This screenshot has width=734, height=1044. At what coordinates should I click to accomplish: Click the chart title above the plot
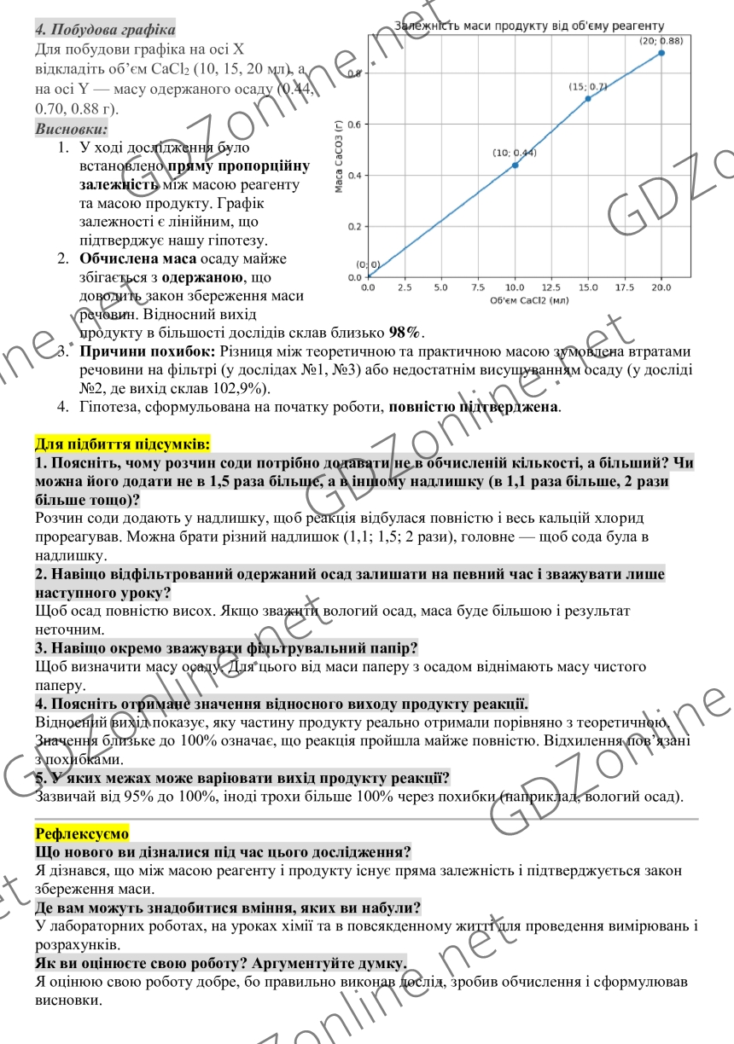528,26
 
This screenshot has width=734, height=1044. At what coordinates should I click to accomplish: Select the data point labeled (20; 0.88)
661,53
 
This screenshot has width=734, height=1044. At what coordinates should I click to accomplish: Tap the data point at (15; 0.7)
588,99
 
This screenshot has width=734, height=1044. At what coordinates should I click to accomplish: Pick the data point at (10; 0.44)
515,165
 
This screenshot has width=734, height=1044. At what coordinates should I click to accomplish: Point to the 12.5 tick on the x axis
551,288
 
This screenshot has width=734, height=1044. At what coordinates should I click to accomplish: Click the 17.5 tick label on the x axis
625,288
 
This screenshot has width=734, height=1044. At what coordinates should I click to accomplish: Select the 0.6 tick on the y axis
353,125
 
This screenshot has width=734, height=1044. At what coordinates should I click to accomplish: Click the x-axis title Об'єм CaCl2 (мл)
529,300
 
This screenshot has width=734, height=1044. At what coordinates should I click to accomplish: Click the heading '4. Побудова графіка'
105,30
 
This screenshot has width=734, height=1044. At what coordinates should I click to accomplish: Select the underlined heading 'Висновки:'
72,129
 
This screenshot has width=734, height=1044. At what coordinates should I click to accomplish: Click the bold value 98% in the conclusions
405,333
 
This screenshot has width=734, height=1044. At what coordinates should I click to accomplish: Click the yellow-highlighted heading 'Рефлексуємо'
82,832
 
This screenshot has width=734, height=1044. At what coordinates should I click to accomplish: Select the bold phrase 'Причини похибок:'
147,351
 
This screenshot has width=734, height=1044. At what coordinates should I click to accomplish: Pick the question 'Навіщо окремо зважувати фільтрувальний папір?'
226,648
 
